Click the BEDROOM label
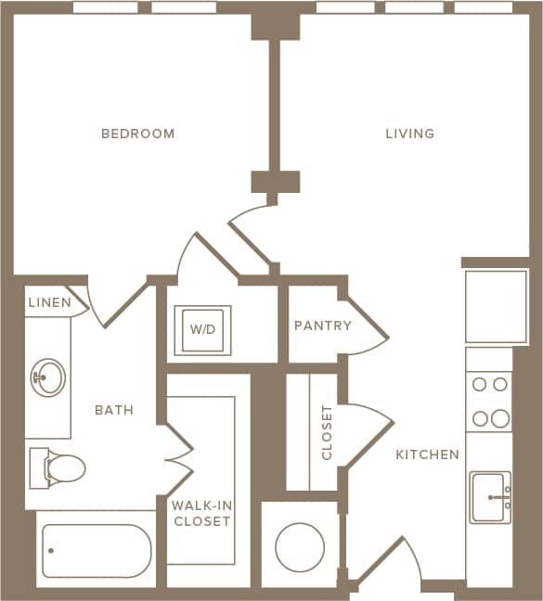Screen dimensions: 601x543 (x=137, y=134)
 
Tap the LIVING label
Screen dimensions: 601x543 (x=409, y=134)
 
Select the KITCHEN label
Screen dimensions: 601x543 (x=427, y=454)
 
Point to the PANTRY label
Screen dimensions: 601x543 (x=322, y=326)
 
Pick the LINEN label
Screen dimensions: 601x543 (x=48, y=302)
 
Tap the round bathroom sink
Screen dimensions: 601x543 (x=47, y=377)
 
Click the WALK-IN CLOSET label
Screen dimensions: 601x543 (x=200, y=513)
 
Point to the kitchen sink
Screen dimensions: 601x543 (x=490, y=496)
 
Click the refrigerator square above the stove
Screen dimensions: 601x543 (x=496, y=306)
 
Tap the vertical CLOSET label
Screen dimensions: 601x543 (x=327, y=432)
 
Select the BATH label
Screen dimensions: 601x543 (x=114, y=409)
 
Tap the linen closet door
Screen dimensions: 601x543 (x=80, y=302)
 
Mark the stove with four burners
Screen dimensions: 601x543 (x=490, y=401)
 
